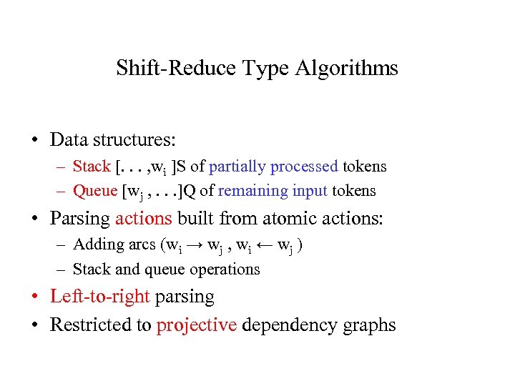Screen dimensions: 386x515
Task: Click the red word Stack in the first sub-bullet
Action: click(x=92, y=167)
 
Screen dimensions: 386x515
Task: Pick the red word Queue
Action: click(x=95, y=191)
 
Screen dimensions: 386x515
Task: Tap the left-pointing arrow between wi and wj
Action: click(x=263, y=244)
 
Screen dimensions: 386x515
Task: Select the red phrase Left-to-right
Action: click(x=99, y=297)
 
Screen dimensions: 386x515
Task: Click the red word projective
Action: click(x=197, y=325)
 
